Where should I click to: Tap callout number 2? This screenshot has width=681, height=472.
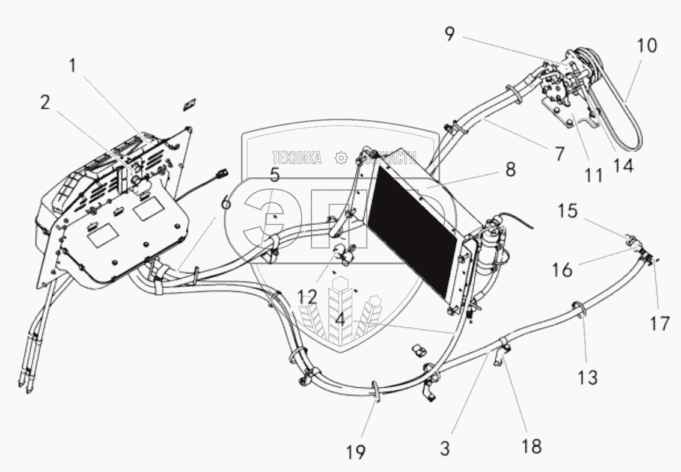tap(46, 103)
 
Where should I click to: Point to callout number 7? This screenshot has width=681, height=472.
tap(560, 153)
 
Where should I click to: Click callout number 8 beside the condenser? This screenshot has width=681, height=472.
tap(510, 170)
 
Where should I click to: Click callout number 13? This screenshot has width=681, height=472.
tap(588, 378)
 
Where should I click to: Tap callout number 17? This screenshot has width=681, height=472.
tap(659, 324)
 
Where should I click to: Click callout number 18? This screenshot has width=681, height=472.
tap(532, 446)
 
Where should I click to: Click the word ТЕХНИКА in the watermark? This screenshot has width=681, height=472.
tap(296, 158)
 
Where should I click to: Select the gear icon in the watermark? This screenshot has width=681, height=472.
tap(341, 158)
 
